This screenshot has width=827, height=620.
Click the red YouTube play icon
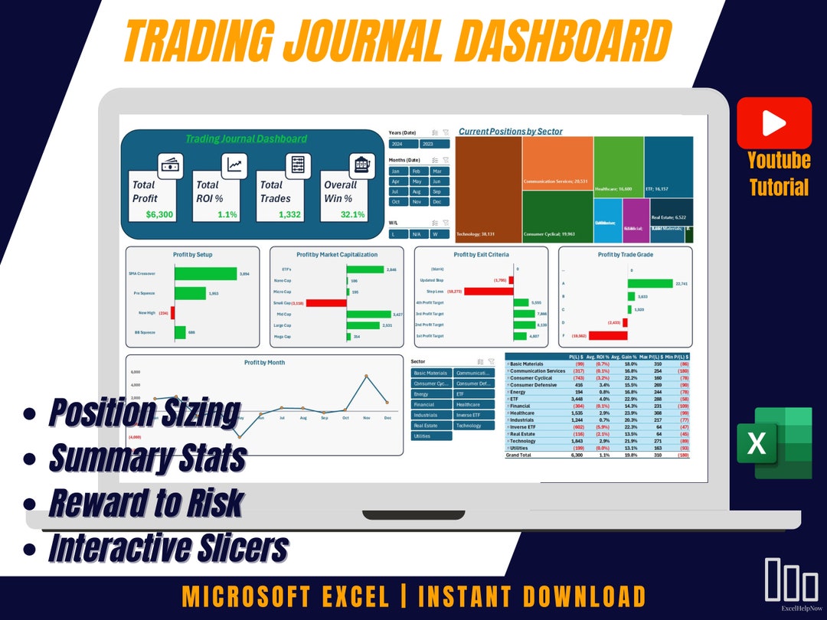(774, 122)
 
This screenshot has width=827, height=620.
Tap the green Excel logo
(773, 443)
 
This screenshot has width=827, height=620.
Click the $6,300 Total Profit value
(159, 214)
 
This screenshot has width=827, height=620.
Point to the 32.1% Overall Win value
(352, 214)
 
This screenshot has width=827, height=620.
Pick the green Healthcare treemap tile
(618, 166)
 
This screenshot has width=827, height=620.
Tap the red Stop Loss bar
(488, 292)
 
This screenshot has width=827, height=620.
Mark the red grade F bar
(608, 335)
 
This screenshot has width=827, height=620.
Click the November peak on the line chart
(366, 376)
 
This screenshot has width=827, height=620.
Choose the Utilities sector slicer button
(431, 436)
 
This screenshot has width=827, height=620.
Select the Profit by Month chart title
(264, 362)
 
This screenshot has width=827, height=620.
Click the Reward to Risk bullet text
(145, 503)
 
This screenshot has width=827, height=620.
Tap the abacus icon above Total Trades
(295, 165)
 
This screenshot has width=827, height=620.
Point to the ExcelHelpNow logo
(791, 586)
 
